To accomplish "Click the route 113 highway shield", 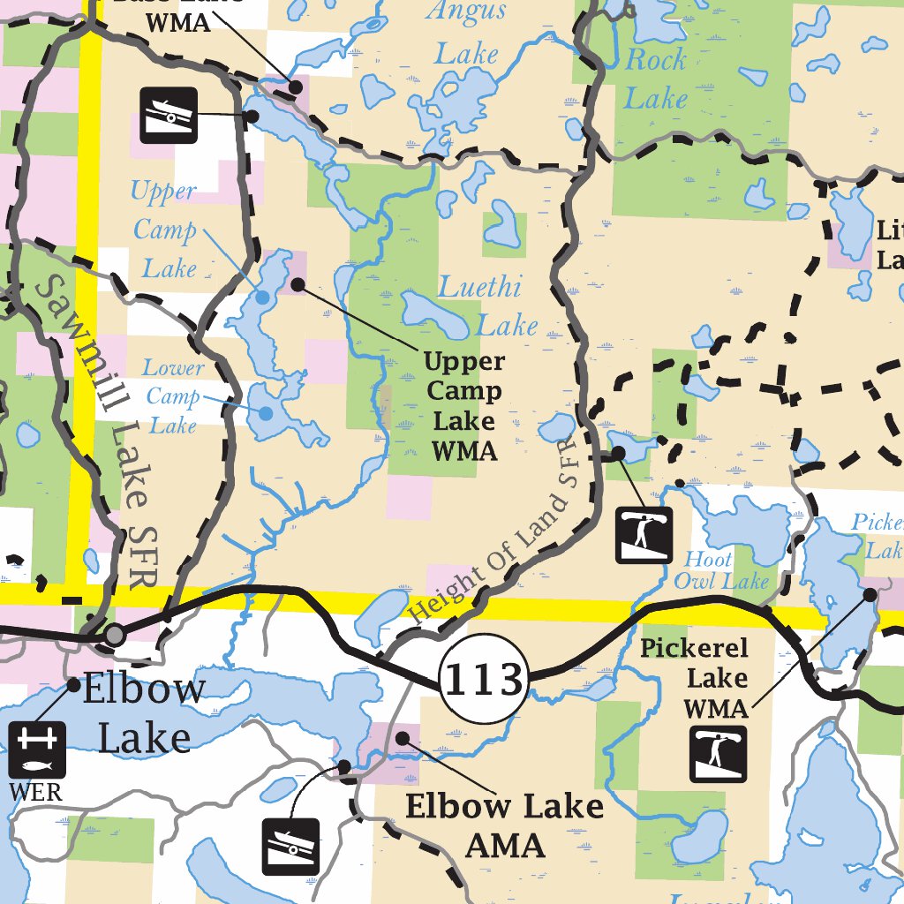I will pos(483,680).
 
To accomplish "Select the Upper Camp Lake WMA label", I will pos(464,406).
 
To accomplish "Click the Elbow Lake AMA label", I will pos(504,825).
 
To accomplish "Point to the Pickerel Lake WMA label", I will pos(694,678).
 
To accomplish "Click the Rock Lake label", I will pos(655,79).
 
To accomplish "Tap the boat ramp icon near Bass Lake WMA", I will pos(169,114).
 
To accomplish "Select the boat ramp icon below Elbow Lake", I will pos(290,846).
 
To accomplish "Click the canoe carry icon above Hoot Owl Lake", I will pos(644,534).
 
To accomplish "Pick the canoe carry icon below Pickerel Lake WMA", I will pos(718,754).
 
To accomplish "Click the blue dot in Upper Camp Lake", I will pos(262,298).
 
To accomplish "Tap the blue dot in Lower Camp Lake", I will pos(265,412).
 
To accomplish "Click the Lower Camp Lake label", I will pos(173,396).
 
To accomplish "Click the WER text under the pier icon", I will pos(36,792).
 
